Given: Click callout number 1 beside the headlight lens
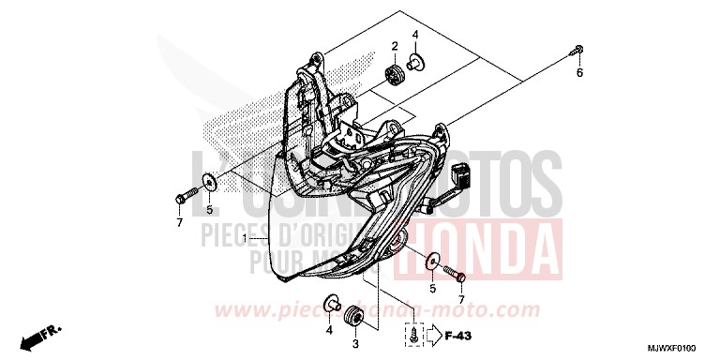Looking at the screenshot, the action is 244,240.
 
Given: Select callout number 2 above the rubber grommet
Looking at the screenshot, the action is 395,46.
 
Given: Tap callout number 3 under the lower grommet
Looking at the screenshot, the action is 355,344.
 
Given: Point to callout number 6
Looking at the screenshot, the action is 579,73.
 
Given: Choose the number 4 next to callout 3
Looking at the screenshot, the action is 329,330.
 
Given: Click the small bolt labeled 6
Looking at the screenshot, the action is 579,51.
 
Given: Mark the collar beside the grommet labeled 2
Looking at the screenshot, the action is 415,63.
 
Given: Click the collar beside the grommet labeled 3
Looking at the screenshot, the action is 331,303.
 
